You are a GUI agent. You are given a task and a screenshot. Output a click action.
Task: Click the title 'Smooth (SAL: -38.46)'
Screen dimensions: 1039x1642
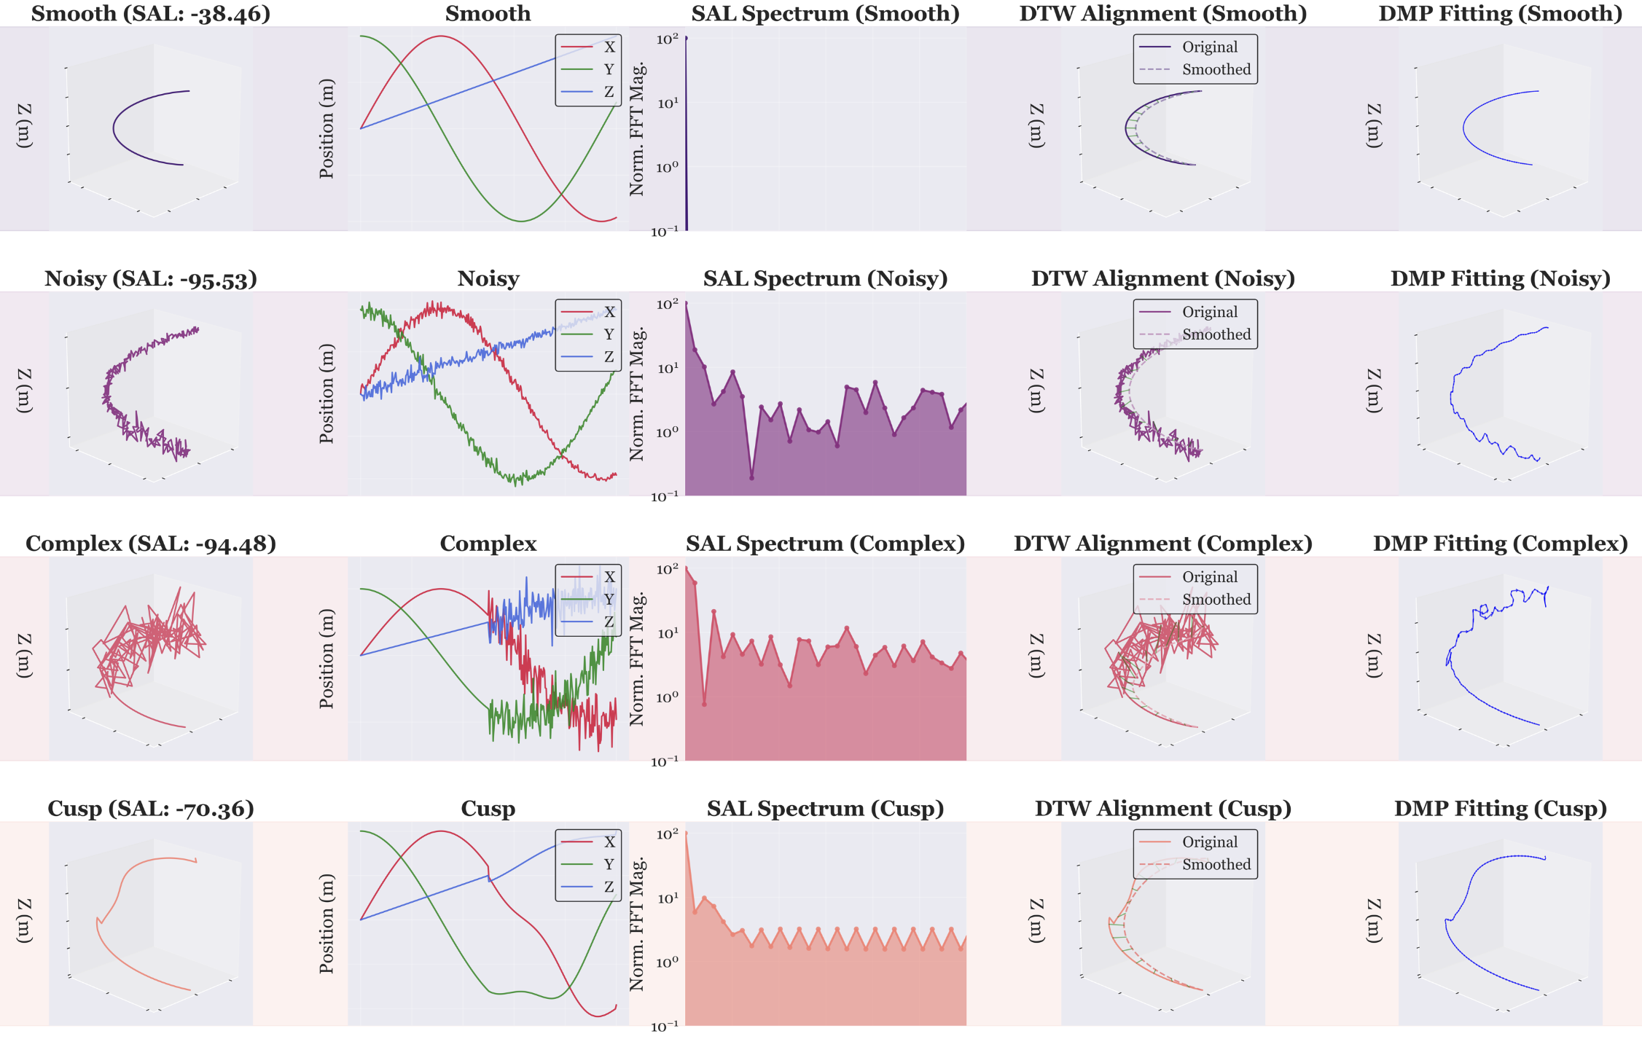[x=151, y=14]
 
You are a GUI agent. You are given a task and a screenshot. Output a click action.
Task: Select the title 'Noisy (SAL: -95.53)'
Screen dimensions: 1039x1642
[x=151, y=279]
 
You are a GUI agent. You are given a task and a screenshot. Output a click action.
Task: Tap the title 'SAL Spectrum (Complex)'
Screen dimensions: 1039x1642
[x=825, y=544]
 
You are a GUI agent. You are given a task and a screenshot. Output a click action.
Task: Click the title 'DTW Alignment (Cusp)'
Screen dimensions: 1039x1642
[x=1162, y=809]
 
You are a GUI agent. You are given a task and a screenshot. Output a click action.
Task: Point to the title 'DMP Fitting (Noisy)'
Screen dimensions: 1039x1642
[x=1500, y=279]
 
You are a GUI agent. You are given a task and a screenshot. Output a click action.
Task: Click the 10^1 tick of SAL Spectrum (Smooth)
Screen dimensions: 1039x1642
[x=667, y=103]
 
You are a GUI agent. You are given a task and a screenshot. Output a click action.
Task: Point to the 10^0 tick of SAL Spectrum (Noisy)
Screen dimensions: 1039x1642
[x=667, y=433]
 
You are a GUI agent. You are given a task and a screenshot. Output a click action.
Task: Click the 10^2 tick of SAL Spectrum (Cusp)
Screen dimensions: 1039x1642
[x=667, y=834]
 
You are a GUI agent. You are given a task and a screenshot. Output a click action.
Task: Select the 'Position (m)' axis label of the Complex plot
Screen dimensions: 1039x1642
[x=327, y=659]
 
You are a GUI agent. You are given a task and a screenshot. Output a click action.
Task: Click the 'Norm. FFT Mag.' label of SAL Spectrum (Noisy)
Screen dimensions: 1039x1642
[x=637, y=393]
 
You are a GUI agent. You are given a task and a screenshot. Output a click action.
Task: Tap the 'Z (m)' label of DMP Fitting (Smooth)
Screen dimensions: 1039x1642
[x=1372, y=126]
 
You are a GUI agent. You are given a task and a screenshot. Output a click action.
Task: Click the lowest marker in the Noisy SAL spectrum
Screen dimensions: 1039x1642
[x=751, y=478]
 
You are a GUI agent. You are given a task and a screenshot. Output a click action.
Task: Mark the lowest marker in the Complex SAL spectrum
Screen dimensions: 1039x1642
[x=704, y=704]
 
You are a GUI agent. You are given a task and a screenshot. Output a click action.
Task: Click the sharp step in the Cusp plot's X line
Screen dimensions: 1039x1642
[x=489, y=874]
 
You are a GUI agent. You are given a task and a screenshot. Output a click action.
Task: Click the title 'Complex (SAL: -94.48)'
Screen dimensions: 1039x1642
[x=151, y=544]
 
